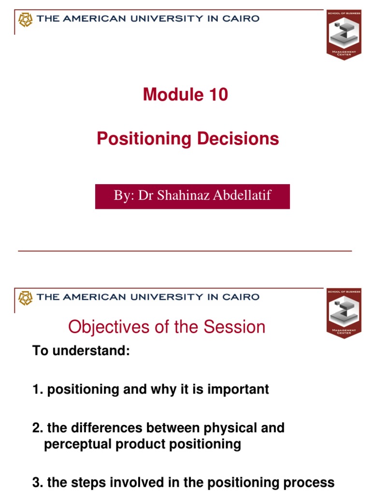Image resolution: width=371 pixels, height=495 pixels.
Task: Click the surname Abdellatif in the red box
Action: coord(241,196)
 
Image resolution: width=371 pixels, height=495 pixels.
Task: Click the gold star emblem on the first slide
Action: coord(25,19)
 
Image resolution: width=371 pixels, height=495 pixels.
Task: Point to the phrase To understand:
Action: coord(81,351)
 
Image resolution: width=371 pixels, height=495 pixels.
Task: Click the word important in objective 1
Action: coord(238,390)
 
